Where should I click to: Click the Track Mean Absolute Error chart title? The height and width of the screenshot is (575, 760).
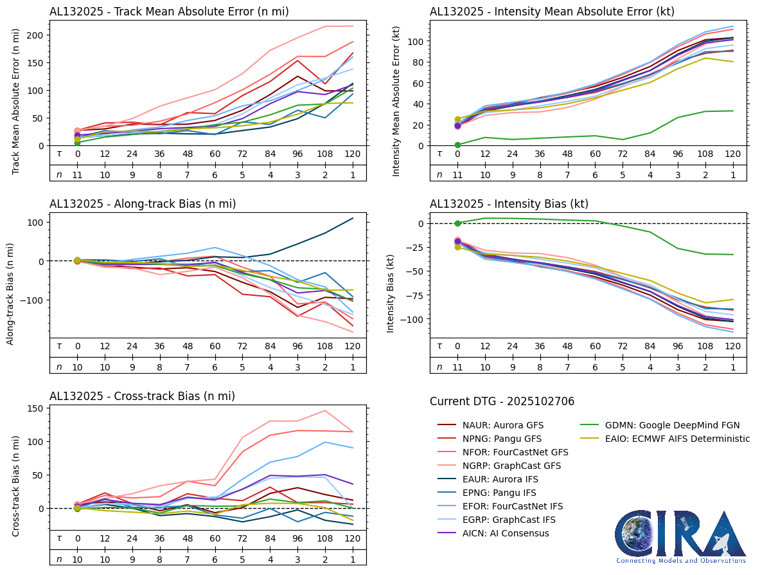pos(169,11)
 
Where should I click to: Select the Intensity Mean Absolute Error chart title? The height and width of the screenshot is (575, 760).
pos(552,11)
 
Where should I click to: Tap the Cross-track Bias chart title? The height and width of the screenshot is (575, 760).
pos(142,397)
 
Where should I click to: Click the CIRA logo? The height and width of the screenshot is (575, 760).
pos(680,536)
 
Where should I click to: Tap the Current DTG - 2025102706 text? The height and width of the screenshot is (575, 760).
pos(502,401)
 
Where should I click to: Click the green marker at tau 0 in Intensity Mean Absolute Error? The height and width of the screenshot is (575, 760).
pos(457,145)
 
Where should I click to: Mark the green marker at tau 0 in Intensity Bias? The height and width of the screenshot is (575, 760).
pos(457,223)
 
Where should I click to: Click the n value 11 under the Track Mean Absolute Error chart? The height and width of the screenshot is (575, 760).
pos(77,174)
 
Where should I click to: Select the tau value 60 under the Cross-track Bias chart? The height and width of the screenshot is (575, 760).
pos(215,538)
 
